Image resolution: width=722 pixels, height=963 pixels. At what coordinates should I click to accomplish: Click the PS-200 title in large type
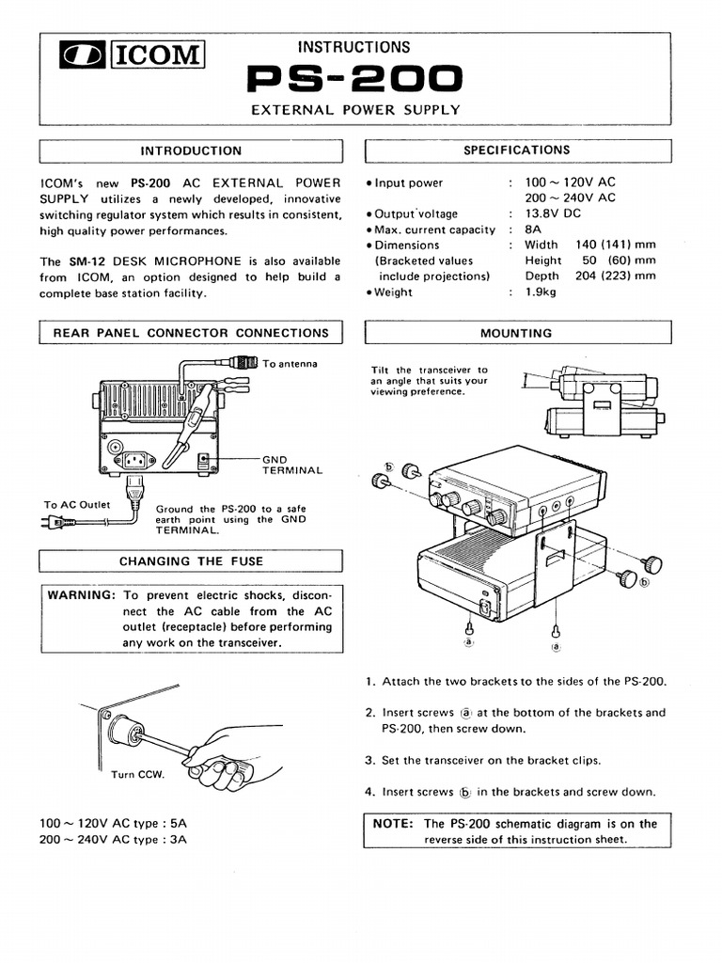353,79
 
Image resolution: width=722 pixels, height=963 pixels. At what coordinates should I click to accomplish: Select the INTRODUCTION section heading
191,150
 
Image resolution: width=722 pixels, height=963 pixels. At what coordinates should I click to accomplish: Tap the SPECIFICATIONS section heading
517,150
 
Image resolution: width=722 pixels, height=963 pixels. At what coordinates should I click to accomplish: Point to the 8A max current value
533,229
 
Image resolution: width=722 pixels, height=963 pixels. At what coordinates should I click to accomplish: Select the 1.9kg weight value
541,292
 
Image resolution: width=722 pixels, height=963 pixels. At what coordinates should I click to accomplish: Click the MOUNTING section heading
517,333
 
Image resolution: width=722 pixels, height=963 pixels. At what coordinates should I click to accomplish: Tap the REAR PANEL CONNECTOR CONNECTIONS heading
191,333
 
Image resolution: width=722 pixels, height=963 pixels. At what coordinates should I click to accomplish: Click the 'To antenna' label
290,364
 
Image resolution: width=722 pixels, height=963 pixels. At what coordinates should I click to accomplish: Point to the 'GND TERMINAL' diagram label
291,465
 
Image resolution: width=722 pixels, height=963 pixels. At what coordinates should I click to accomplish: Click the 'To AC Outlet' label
77,505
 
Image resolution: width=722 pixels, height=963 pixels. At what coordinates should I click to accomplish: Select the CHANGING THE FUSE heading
191,561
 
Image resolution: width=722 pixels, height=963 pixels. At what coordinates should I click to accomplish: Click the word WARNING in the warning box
81,596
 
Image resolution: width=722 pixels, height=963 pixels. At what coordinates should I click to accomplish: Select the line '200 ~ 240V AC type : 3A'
113,839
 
